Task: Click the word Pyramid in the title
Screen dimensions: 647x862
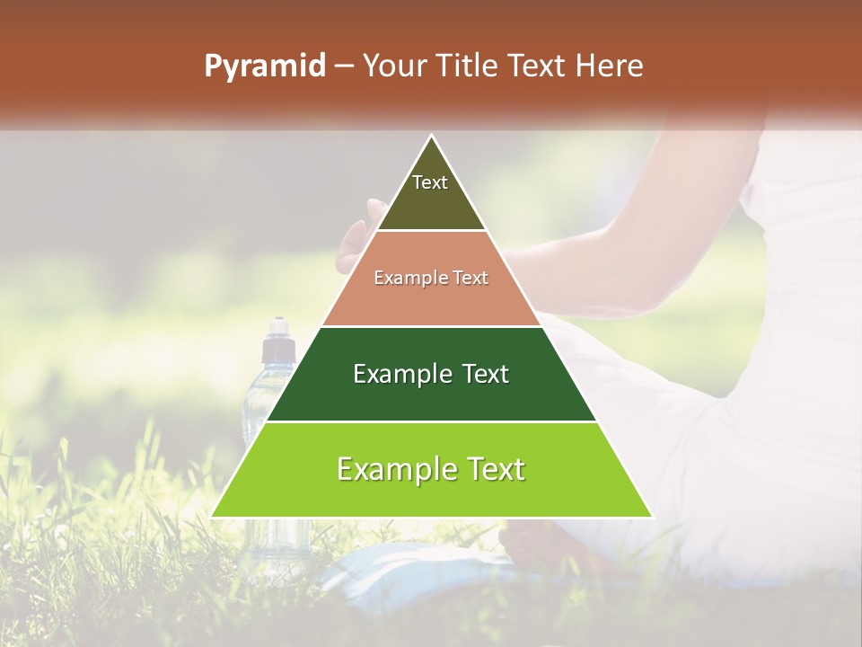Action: [x=264, y=66]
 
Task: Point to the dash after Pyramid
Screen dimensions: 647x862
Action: [x=343, y=66]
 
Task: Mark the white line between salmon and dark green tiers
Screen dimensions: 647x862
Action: [x=431, y=326]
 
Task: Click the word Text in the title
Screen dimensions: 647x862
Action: [x=536, y=66]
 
